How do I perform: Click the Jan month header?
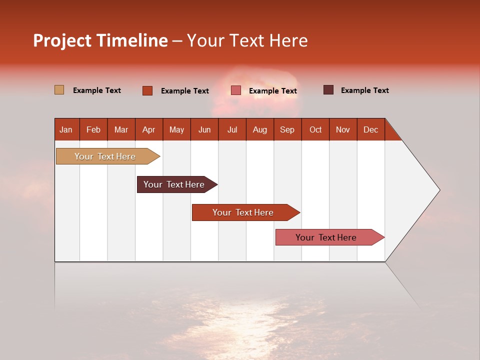point(66,129)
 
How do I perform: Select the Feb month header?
point(93,129)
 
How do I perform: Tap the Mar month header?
point(121,129)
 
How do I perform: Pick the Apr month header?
point(149,129)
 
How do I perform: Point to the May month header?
point(176,129)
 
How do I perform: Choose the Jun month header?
point(204,129)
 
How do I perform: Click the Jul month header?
point(232,129)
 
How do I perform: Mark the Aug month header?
point(260,129)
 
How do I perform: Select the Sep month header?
point(287,129)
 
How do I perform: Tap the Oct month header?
point(315,129)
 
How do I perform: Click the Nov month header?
point(343,129)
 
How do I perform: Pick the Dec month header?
point(371,129)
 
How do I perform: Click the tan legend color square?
point(59,90)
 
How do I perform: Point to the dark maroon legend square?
point(328,90)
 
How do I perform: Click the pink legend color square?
point(236,90)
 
